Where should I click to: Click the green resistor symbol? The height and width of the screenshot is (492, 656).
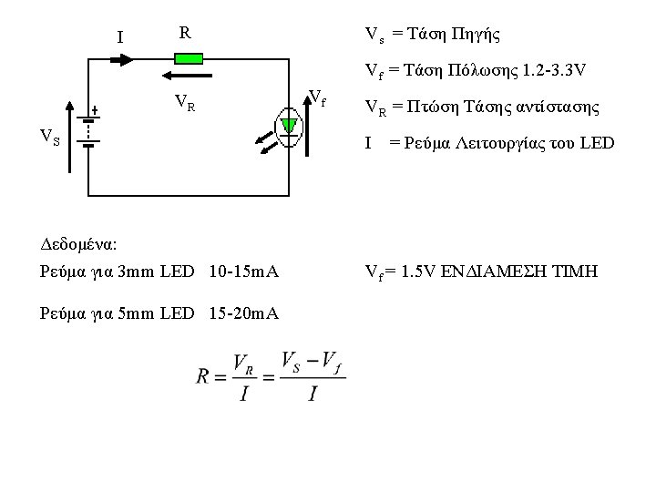tap(189, 58)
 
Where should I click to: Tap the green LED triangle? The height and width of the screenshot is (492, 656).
tap(289, 125)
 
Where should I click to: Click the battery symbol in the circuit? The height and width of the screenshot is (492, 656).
tap(87, 131)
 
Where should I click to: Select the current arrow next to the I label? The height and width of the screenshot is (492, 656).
tap(122, 58)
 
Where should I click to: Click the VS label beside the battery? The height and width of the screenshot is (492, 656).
tap(50, 138)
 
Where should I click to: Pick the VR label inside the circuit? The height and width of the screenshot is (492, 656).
tap(184, 102)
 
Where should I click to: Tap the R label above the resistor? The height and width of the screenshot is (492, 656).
tap(185, 34)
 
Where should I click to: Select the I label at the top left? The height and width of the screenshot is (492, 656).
tap(121, 37)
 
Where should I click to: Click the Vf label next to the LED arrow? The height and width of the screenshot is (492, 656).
tap(318, 95)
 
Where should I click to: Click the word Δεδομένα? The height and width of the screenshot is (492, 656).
tap(79, 245)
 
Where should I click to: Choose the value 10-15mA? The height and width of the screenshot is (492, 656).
tap(243, 272)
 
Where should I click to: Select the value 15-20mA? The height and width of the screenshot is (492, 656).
tap(243, 314)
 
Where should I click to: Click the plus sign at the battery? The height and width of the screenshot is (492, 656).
tap(95, 108)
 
